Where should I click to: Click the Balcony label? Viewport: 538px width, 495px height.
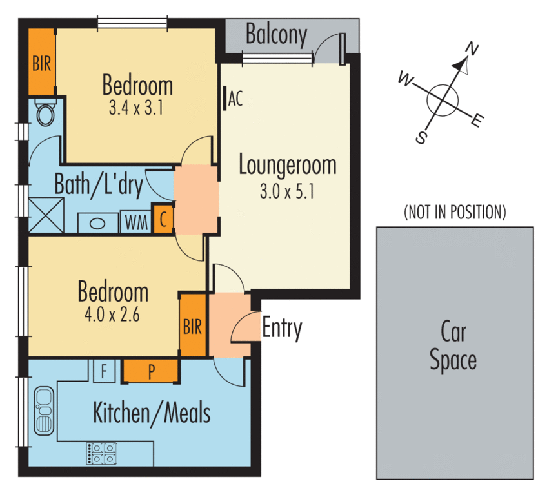coord(276,35)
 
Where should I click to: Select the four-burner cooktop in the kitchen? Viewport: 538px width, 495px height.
coord(102,452)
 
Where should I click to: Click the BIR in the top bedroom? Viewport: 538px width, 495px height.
coord(42,63)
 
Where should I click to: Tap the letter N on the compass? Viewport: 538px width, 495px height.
coord(472,50)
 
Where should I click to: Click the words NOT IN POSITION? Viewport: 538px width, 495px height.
coord(454,211)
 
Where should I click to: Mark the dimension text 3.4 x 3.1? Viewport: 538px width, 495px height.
coord(135,107)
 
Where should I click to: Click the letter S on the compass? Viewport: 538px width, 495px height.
coord(421,138)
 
